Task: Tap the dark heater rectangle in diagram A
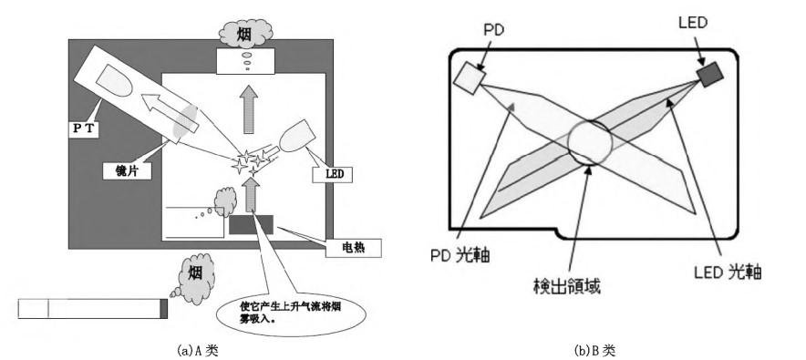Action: pos(250,222)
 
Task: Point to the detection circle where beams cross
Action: pos(591,144)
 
